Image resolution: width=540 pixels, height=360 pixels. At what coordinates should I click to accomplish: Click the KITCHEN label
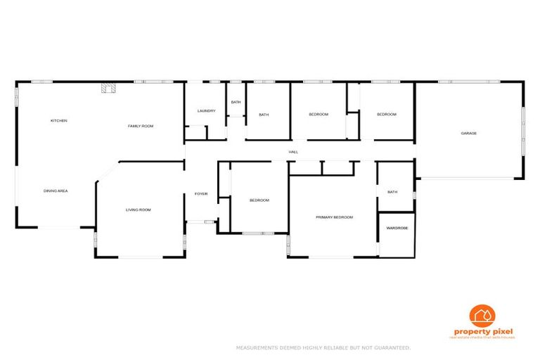(58, 121)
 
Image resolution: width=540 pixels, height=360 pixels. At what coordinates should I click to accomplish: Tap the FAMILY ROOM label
(140, 126)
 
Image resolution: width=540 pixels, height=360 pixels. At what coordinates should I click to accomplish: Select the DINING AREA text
(56, 191)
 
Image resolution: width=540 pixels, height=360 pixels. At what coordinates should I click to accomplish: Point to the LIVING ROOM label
(138, 210)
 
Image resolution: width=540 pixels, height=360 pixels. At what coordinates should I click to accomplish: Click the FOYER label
(201, 194)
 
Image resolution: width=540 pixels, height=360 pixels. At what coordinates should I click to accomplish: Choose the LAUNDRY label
(206, 111)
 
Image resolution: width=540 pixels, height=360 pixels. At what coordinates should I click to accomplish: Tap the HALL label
(292, 152)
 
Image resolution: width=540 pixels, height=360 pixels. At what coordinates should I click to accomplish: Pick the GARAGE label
(469, 133)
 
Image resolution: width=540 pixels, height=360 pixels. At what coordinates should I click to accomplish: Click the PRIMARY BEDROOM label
(334, 217)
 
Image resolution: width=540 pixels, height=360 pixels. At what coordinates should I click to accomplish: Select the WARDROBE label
(397, 228)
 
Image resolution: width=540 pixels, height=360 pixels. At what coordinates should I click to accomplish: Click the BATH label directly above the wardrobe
(392, 192)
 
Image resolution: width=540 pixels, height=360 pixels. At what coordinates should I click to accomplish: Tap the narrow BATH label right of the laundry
(236, 103)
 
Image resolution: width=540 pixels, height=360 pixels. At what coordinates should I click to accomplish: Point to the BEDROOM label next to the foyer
(259, 200)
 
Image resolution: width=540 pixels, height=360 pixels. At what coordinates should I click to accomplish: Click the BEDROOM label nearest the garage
(387, 115)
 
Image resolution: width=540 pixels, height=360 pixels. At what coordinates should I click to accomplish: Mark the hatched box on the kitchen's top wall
(107, 88)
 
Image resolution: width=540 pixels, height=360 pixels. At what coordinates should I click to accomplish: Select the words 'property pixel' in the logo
(484, 331)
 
